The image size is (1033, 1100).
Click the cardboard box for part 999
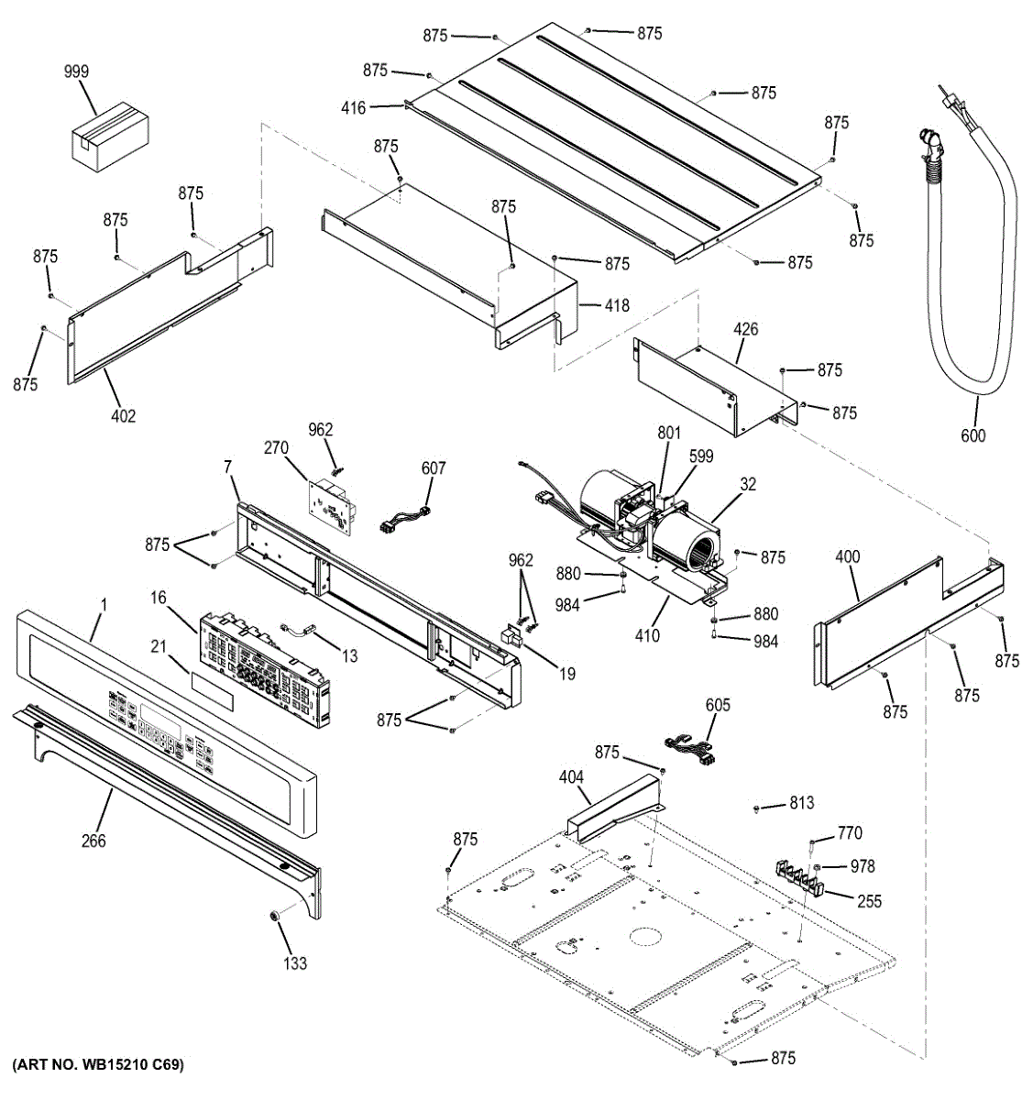[110, 137]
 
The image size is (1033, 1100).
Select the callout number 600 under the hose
[973, 435]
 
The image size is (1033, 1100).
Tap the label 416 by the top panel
[354, 108]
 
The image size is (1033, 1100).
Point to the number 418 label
[617, 305]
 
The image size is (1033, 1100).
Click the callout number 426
[745, 329]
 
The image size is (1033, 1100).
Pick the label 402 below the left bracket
[123, 416]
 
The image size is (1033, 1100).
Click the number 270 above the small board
[276, 448]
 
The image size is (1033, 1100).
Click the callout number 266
[93, 841]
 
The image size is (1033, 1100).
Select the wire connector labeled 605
[693, 738]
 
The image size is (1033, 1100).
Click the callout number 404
[571, 777]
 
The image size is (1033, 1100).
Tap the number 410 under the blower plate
[647, 634]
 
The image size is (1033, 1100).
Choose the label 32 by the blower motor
[748, 484]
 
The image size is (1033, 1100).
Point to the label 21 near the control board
[159, 647]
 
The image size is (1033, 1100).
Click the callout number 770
[850, 833]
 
